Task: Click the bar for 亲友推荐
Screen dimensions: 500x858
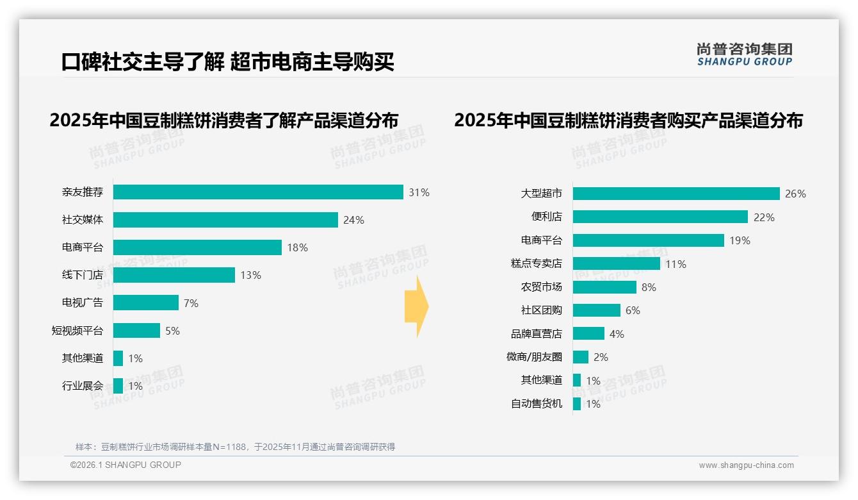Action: [258, 192]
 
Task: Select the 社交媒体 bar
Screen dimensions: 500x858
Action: [225, 220]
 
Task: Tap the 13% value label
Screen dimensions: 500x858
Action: [250, 275]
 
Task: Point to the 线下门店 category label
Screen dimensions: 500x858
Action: [83, 275]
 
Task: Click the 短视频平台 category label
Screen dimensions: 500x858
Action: [77, 331]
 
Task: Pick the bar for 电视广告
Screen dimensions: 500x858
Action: [146, 303]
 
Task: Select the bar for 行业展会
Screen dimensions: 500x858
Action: [118, 386]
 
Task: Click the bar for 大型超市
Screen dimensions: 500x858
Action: [676, 194]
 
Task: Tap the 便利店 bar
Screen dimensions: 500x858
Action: [660, 217]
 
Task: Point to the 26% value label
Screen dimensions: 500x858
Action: [795, 194]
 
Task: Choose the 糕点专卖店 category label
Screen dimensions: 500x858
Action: [537, 263]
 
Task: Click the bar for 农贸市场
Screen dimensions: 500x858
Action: [604, 287]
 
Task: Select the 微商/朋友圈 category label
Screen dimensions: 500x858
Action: [534, 356]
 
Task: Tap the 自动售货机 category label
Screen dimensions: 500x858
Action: [537, 403]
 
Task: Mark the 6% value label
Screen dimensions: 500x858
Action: [633, 310]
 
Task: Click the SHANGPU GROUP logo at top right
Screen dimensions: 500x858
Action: [744, 54]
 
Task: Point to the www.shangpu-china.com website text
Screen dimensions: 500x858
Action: [746, 465]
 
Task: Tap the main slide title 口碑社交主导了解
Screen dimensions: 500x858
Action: [143, 62]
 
